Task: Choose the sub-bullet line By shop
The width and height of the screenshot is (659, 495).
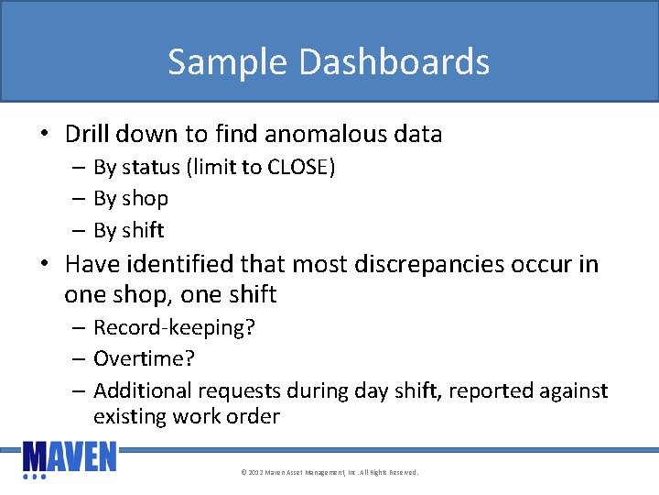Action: [131, 198]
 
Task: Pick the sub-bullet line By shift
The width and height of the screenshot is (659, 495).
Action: [129, 230]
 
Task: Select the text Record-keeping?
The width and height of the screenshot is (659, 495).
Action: [174, 328]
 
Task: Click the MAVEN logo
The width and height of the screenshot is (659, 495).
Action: [70, 457]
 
